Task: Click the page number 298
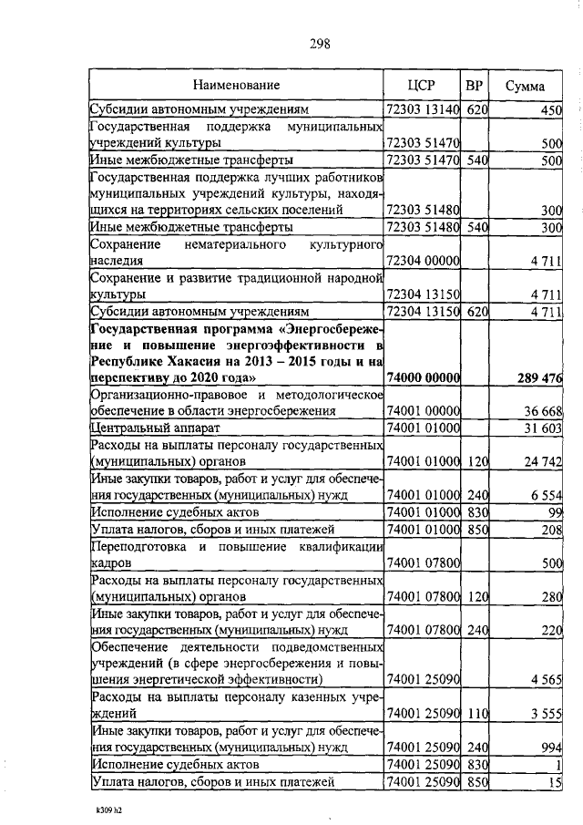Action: pos(318,43)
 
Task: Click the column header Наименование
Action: pos(236,86)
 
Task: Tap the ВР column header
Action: pos(474,86)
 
